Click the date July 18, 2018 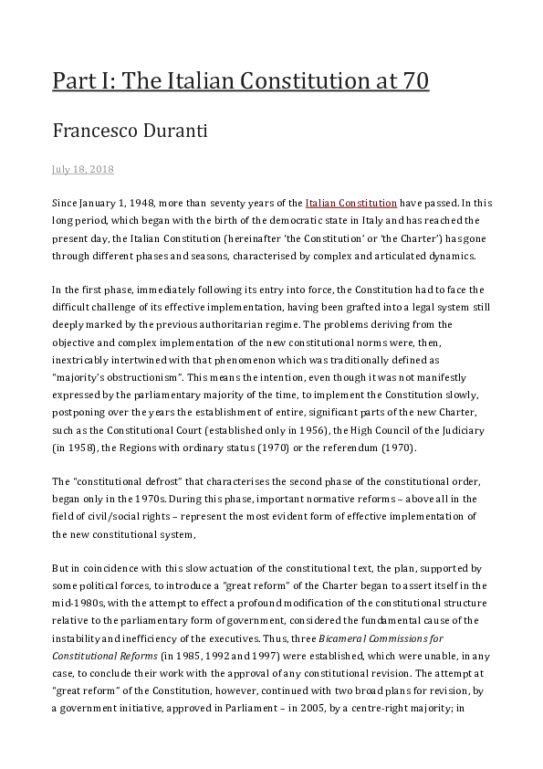click(x=82, y=170)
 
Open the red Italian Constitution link click(x=351, y=202)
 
